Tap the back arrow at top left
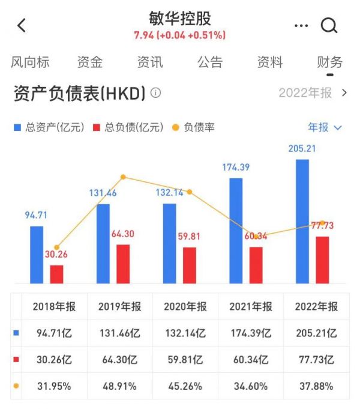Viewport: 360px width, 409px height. (22, 25)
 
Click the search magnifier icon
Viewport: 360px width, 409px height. (329, 25)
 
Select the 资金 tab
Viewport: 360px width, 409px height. (90, 62)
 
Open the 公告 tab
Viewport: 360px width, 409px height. (209, 62)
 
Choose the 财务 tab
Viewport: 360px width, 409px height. (329, 62)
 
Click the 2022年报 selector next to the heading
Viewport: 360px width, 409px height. (313, 93)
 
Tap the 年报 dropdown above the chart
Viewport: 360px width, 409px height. (325, 127)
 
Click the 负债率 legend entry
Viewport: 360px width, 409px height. (193, 127)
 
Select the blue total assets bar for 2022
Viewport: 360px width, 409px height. (302, 221)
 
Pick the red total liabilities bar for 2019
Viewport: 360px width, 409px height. (123, 264)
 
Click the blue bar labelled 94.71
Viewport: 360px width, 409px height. (37, 255)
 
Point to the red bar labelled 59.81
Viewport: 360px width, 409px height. (190, 265)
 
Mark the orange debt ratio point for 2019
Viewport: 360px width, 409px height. (123, 177)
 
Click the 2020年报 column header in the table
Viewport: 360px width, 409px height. (185, 306)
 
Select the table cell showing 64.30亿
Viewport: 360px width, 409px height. (119, 359)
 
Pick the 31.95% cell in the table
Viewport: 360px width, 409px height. (54, 386)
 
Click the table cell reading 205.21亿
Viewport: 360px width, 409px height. (316, 333)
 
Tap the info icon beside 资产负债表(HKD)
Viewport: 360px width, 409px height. (156, 93)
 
